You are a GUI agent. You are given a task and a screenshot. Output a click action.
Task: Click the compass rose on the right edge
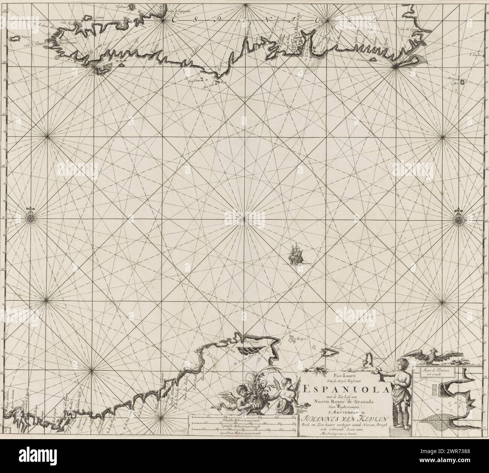(x=459, y=217)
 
